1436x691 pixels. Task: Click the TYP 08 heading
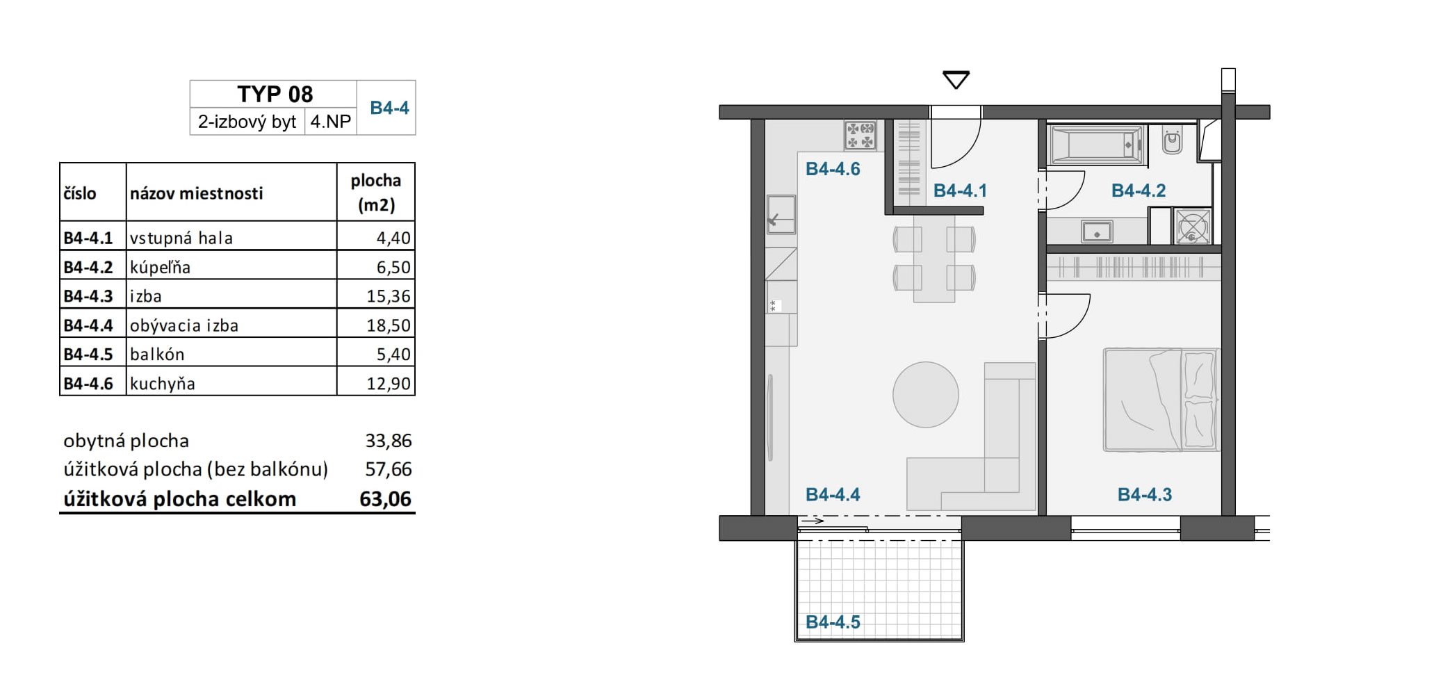(x=275, y=94)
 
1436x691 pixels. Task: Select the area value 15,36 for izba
(x=389, y=296)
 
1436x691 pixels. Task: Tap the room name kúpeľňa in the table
(x=160, y=267)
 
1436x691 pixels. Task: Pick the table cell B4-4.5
(x=88, y=354)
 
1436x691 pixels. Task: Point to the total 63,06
(x=385, y=499)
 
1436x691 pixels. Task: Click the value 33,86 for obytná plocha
(x=389, y=441)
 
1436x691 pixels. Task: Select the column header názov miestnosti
(x=196, y=193)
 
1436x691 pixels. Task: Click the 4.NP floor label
(x=330, y=122)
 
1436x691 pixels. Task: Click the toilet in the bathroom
(x=1173, y=140)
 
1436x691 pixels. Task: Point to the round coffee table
(x=926, y=394)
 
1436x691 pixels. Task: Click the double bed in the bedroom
(x=1161, y=400)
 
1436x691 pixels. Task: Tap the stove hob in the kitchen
(x=860, y=135)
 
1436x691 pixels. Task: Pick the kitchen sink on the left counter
(x=781, y=214)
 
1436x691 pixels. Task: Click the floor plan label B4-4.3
(x=1144, y=494)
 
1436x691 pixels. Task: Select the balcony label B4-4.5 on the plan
(x=833, y=621)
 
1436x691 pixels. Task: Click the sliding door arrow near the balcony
(x=812, y=521)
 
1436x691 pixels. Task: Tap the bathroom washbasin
(x=1097, y=231)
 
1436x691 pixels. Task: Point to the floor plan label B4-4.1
(x=960, y=190)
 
